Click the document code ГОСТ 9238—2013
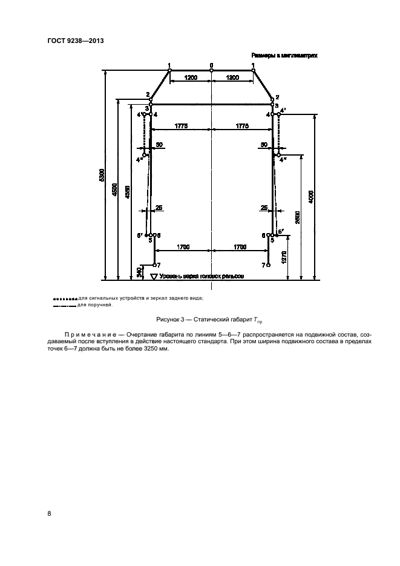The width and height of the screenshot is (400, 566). [x=74, y=41]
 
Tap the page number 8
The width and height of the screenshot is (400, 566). [x=50, y=514]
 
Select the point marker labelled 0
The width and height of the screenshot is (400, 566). [x=211, y=70]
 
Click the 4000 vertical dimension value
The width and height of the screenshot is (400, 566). [x=310, y=196]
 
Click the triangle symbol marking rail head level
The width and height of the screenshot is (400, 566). [x=153, y=276]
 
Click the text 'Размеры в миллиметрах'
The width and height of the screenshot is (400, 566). [x=284, y=55]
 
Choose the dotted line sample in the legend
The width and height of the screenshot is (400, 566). [x=65, y=298]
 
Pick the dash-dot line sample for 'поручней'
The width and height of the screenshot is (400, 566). [x=65, y=305]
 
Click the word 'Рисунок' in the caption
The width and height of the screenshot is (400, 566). [x=169, y=319]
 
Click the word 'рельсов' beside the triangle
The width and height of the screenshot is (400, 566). [x=232, y=276]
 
